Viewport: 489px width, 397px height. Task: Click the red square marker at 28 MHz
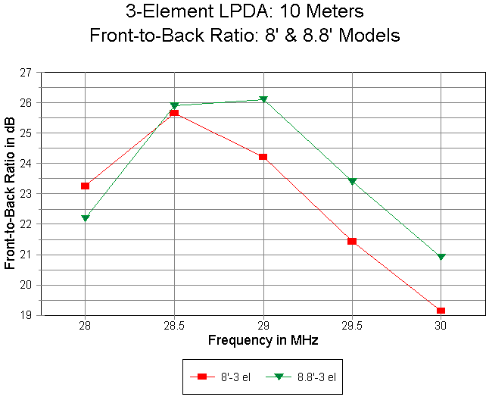tap(86, 186)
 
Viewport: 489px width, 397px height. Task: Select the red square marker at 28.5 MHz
tap(174, 113)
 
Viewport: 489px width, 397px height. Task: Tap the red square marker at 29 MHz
tap(263, 157)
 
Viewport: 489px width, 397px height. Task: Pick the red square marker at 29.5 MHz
tap(352, 241)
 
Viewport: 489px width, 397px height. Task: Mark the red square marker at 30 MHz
tap(441, 311)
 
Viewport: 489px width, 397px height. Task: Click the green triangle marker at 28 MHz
tap(86, 218)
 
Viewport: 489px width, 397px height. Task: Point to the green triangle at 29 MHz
tap(263, 100)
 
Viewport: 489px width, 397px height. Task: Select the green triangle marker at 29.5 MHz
tap(352, 182)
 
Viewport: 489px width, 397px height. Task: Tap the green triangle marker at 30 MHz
tap(441, 258)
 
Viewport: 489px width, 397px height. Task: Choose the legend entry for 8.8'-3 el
tap(303, 377)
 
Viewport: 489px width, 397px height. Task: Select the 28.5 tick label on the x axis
tap(174, 326)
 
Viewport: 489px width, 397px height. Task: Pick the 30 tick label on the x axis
tap(441, 326)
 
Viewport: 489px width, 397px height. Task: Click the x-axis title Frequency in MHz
tap(263, 340)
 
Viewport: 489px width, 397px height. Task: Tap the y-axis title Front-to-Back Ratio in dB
tap(10, 194)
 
